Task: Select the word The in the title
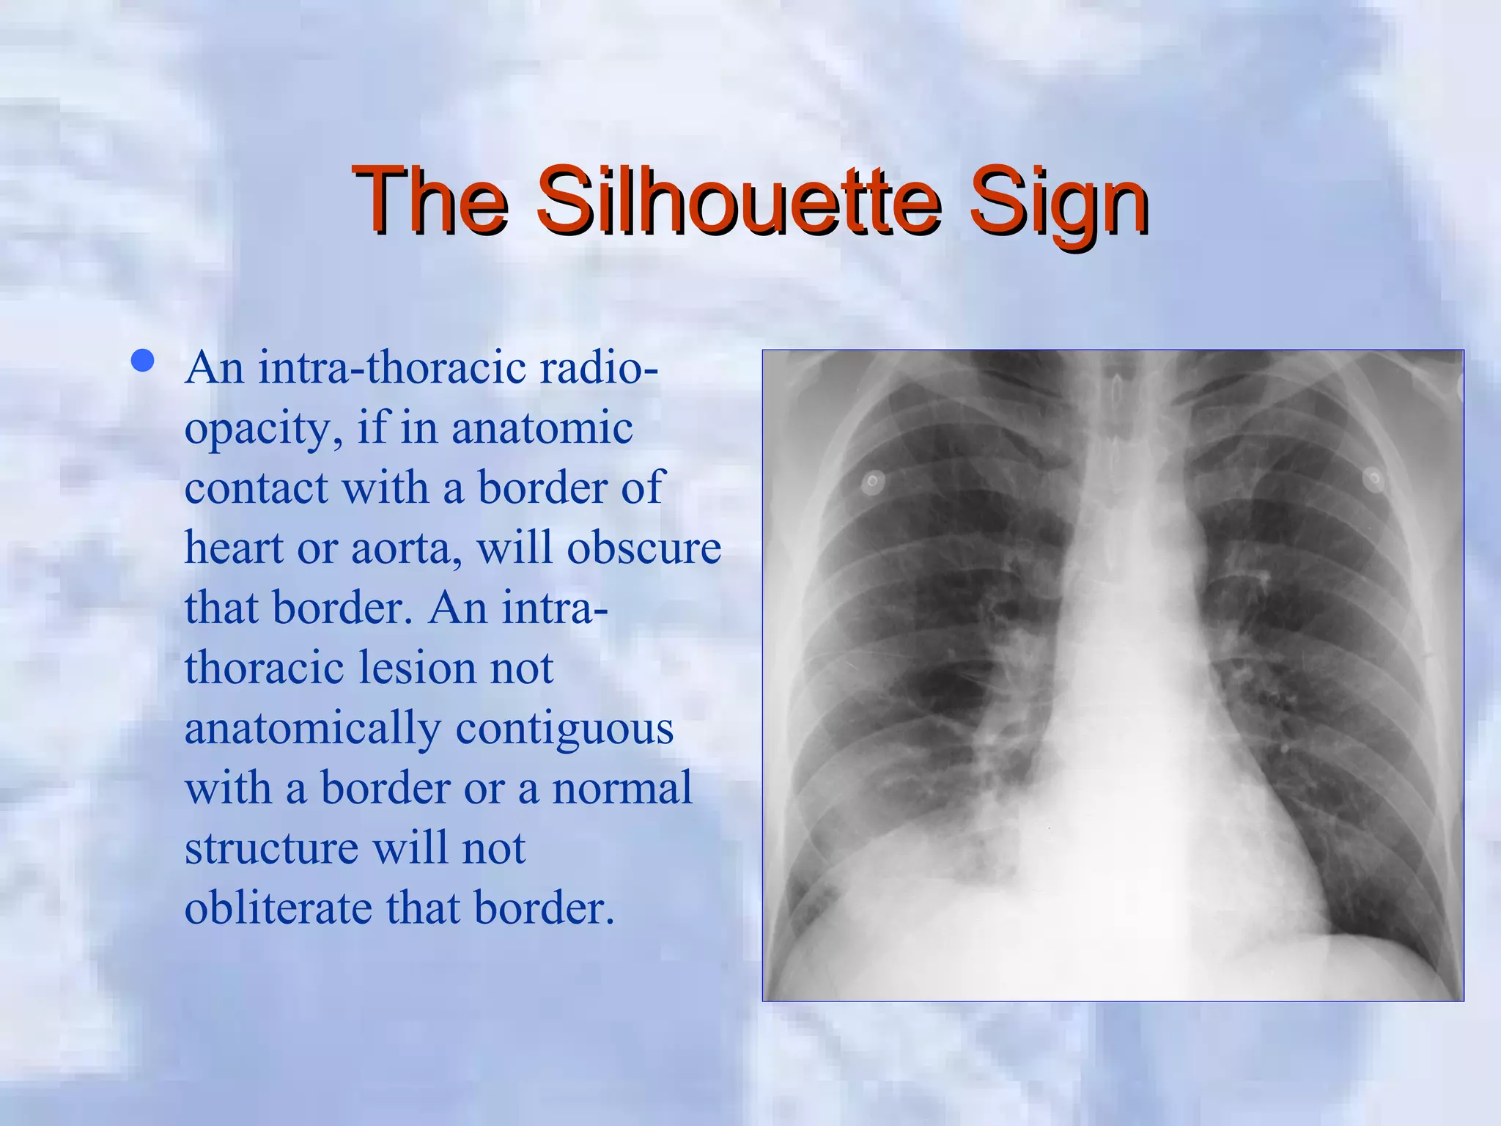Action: (430, 199)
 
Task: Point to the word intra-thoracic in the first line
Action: (392, 367)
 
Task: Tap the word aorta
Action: (406, 548)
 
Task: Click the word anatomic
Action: (542, 429)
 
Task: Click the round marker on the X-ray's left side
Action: (872, 482)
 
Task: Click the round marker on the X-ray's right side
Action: (1374, 480)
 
